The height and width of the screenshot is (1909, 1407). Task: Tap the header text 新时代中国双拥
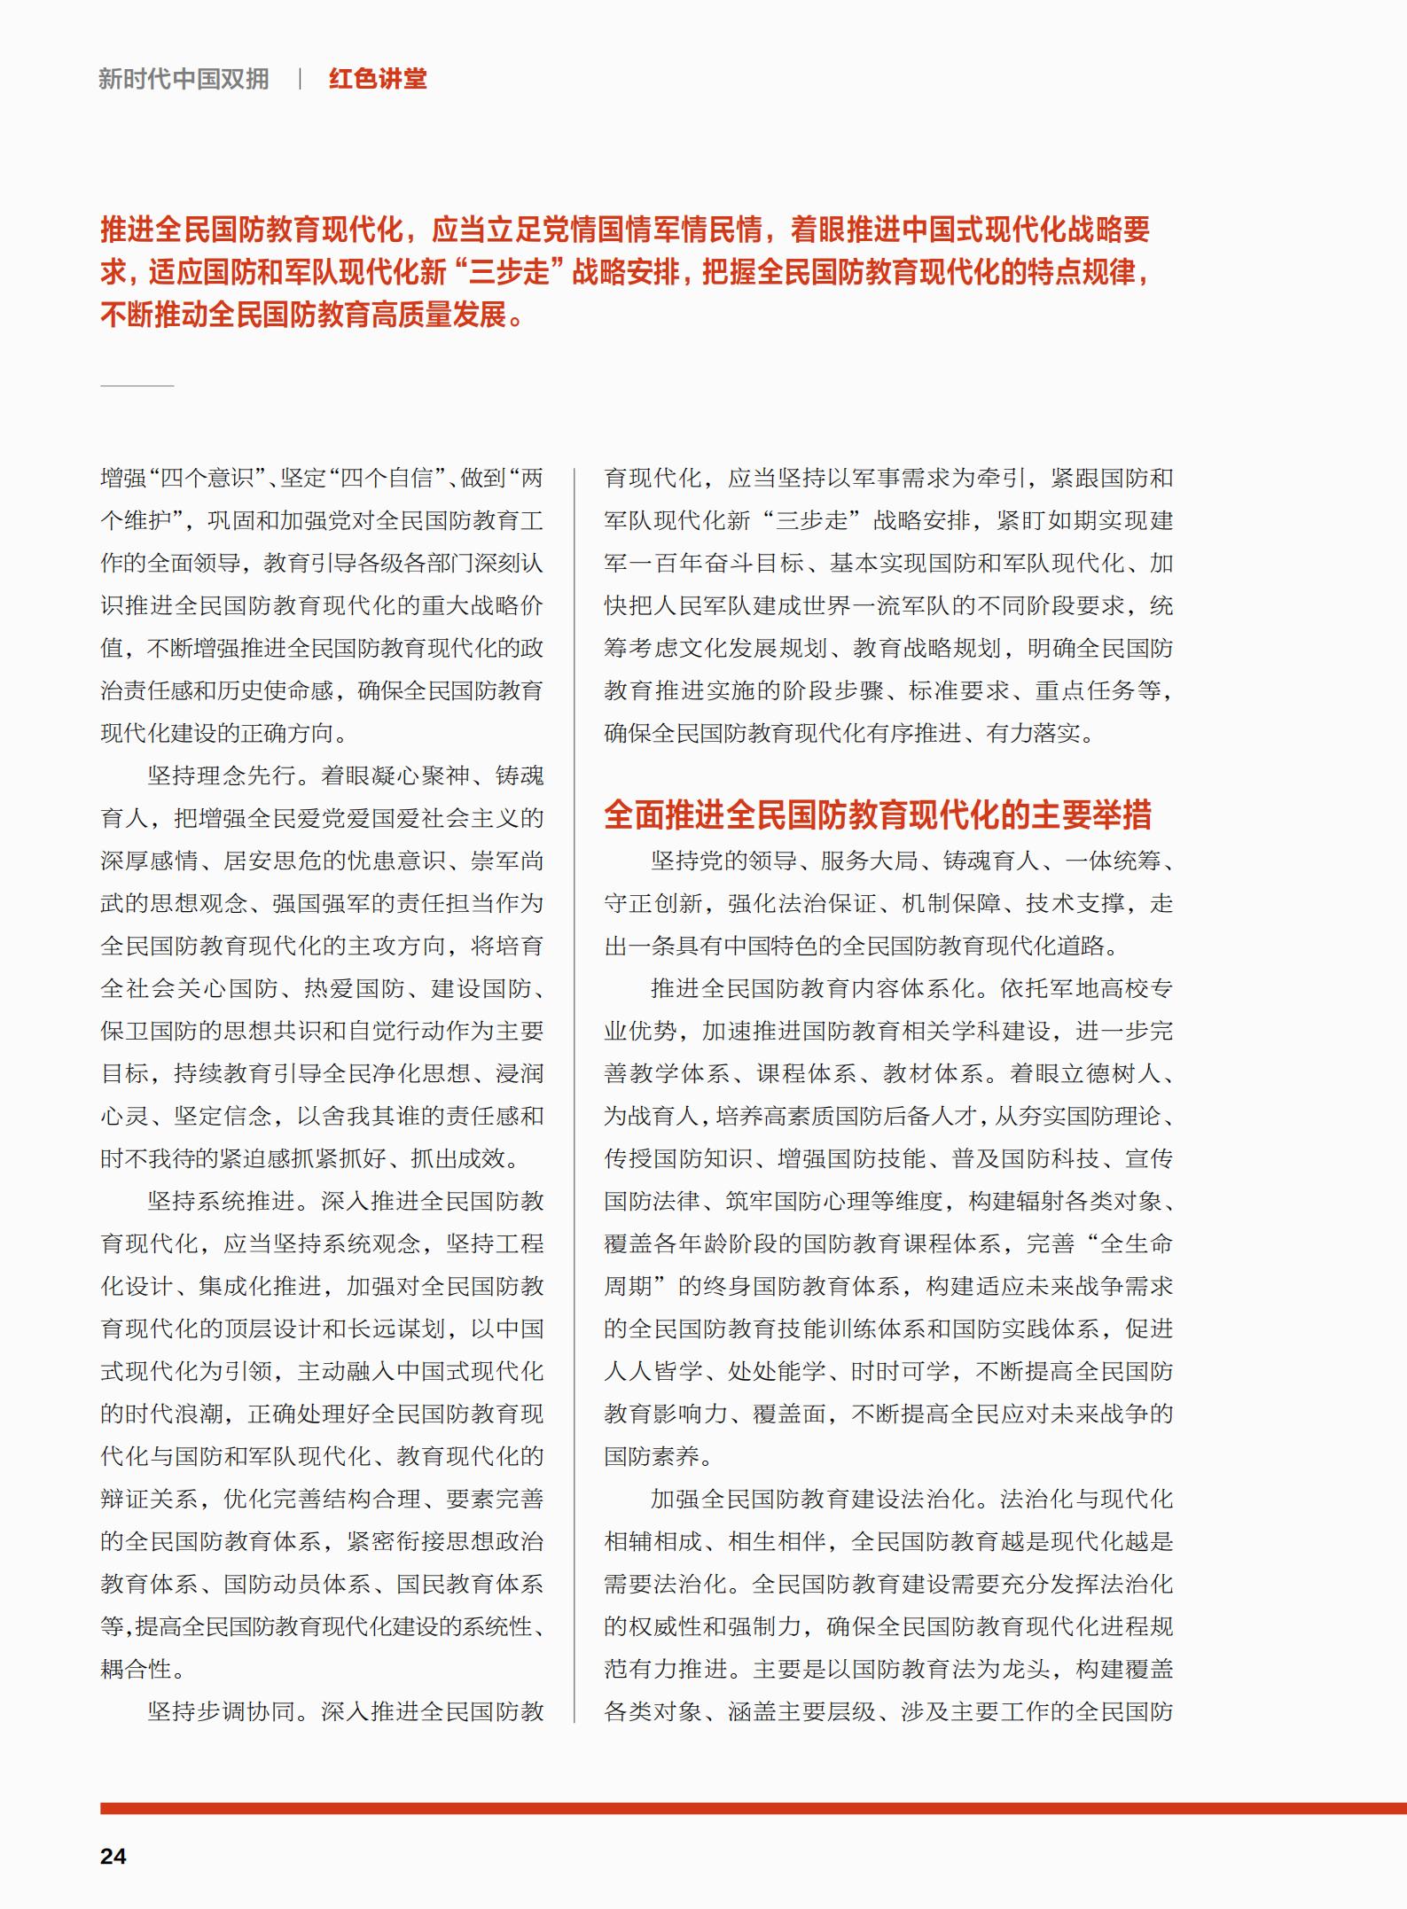[184, 79]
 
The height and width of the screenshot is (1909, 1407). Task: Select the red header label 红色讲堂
[378, 79]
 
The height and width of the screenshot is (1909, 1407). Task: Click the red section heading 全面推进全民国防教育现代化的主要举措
[878, 814]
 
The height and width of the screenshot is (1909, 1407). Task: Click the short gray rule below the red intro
[137, 386]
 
